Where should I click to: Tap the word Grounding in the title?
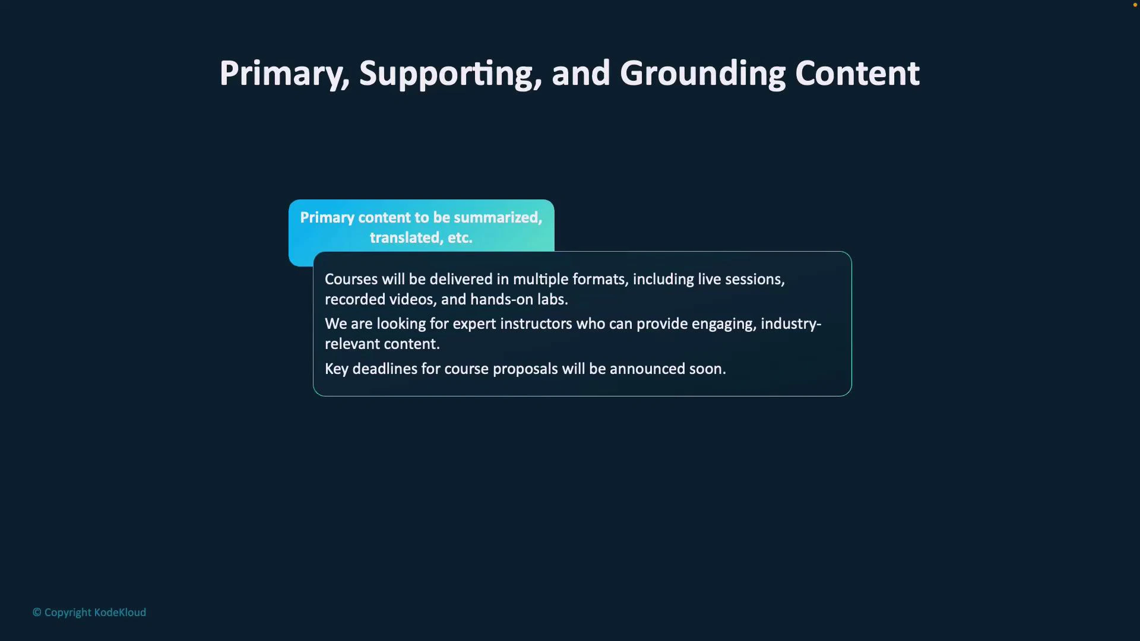(x=702, y=74)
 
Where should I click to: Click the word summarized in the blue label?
(x=498, y=218)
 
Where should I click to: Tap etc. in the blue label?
(x=460, y=238)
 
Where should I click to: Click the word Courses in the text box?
(x=351, y=280)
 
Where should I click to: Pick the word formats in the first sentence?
(x=600, y=280)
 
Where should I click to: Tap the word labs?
(x=552, y=300)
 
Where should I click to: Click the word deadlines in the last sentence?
(x=385, y=369)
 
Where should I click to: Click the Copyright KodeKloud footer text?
(x=90, y=613)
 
